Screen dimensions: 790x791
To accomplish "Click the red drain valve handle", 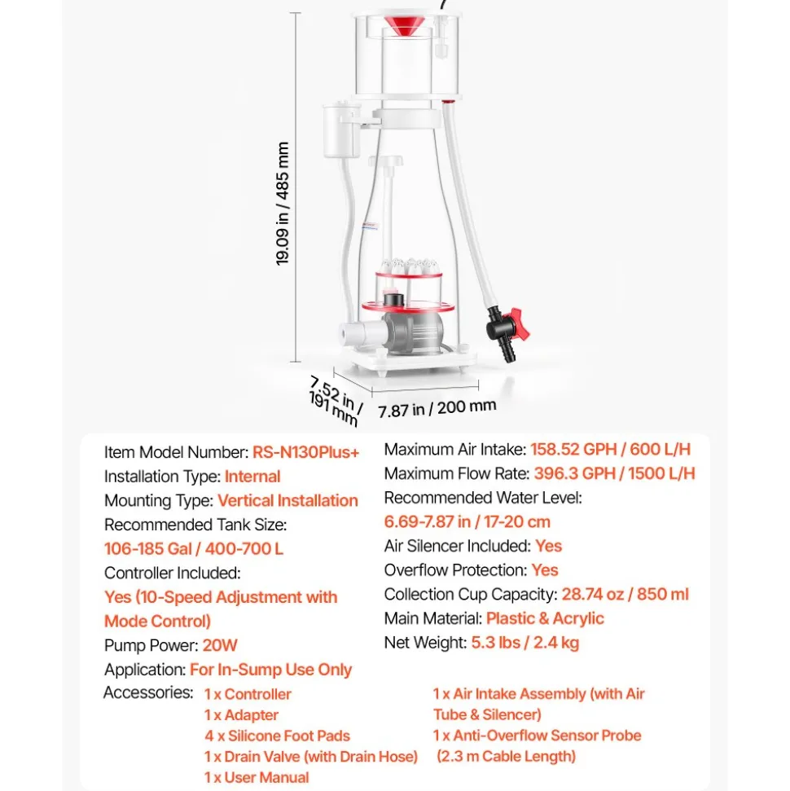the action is point(519,324).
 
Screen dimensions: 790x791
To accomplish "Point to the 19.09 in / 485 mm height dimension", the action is point(283,204).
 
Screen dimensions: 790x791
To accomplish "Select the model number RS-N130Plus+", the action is point(305,452).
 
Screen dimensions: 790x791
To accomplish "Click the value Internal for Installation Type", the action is point(252,477).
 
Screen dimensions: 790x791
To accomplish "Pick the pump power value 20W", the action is point(219,645).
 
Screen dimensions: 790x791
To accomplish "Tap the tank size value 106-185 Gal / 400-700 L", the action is point(194,548).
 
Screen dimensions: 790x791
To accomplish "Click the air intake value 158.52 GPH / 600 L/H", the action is point(610,449).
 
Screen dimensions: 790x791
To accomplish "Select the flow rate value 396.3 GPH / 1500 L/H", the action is point(614,473).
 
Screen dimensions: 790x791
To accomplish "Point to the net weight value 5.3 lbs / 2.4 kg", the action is point(525,643).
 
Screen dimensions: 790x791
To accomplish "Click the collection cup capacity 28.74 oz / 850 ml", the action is point(625,594).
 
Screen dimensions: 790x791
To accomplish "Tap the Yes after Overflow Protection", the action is point(545,570).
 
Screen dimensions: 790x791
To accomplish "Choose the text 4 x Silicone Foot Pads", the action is point(277,736).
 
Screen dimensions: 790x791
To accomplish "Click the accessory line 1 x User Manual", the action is point(257,777).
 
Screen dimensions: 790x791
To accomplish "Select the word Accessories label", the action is point(148,692).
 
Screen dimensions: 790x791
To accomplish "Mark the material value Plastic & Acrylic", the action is point(545,618).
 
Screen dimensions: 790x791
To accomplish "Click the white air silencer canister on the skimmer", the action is point(340,130).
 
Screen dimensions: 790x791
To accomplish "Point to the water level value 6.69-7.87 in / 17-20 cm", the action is point(467,521).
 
